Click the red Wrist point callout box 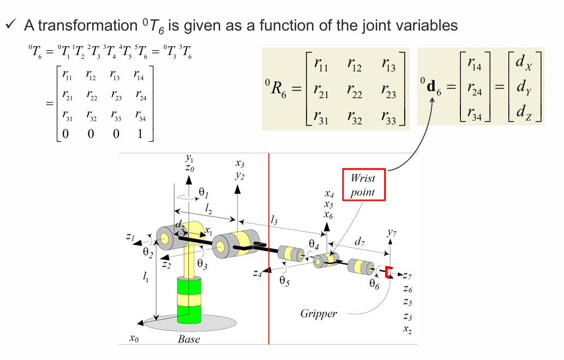pos(363,185)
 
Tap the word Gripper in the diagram pos(319,314)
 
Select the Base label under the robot pos(189,339)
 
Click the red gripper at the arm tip pos(388,272)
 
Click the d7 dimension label pos(360,241)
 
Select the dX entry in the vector pos(524,62)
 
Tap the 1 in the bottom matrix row pos(140,133)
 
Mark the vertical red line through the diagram pos(269,245)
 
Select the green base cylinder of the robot pos(189,300)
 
